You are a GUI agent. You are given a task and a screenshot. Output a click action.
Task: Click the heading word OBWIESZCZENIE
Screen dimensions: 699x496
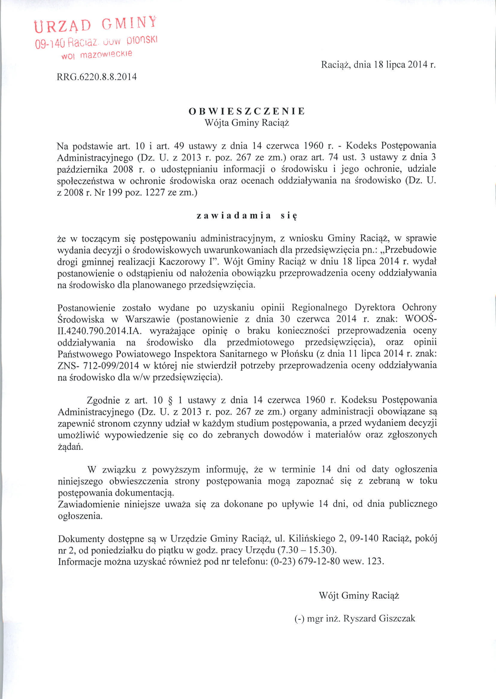coord(247,111)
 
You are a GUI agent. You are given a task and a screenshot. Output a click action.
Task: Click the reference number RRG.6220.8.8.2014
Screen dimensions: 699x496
coord(96,77)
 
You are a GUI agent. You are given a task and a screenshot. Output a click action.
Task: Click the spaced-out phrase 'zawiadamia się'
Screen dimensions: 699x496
coord(247,216)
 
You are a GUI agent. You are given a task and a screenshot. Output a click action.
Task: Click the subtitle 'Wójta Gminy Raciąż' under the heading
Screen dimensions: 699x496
coord(247,123)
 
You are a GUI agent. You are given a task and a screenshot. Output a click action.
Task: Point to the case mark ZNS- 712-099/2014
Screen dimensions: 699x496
coord(98,366)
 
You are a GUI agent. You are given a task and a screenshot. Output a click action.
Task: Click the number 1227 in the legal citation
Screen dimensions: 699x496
coord(154,193)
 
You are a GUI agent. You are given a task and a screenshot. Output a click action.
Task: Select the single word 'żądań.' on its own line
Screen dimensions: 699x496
coord(70,447)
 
